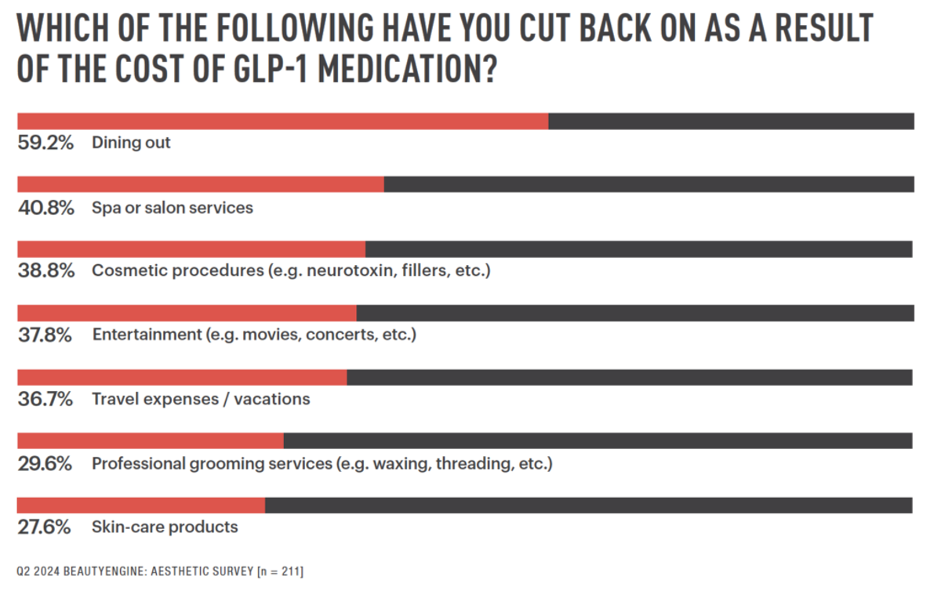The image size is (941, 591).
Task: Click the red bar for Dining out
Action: click(282, 121)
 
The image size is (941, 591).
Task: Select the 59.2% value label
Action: click(45, 143)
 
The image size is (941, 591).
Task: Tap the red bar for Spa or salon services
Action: click(201, 184)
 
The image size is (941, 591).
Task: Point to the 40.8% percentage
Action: click(45, 208)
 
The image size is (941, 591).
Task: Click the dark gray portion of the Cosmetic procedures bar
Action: click(638, 249)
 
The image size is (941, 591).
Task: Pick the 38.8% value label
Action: click(45, 271)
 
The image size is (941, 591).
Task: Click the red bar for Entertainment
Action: click(187, 313)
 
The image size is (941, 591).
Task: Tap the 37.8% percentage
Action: click(45, 335)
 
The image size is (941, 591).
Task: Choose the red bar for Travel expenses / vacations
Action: click(182, 377)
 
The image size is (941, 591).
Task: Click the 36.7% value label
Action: click(45, 399)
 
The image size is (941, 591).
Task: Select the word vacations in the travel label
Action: click(273, 399)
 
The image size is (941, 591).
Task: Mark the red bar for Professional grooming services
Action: click(151, 441)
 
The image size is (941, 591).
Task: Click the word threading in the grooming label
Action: click(473, 463)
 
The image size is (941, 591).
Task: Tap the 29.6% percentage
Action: click(45, 463)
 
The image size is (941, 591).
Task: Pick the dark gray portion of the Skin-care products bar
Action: click(588, 505)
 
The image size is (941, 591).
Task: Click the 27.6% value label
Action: click(45, 527)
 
